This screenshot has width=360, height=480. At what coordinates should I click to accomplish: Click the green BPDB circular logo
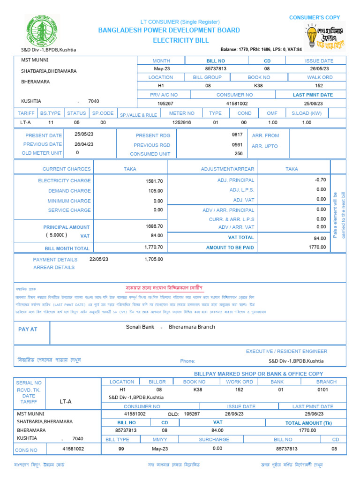(42, 30)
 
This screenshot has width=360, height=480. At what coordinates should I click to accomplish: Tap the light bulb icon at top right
(311, 36)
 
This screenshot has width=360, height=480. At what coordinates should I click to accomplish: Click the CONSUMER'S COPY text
(315, 17)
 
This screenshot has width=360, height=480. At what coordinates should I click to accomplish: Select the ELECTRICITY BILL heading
(180, 40)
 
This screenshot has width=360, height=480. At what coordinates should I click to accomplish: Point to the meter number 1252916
(182, 122)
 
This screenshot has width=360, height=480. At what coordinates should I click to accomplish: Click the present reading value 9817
(237, 135)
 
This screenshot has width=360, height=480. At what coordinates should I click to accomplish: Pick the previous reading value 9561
(237, 145)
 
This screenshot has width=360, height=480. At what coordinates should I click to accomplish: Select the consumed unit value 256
(239, 154)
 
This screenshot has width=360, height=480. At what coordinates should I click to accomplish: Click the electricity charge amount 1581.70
(154, 181)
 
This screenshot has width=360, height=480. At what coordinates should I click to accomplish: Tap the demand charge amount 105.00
(156, 191)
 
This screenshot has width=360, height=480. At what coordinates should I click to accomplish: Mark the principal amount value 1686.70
(154, 226)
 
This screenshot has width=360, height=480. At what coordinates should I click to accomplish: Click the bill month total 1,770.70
(154, 247)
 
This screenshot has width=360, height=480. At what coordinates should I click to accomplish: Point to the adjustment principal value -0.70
(321, 180)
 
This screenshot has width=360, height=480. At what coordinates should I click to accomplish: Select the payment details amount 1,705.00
(154, 259)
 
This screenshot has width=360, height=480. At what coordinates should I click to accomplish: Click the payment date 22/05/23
(98, 259)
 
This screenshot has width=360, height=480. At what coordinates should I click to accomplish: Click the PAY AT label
(28, 330)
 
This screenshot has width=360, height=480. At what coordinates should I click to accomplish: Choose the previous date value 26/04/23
(84, 144)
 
